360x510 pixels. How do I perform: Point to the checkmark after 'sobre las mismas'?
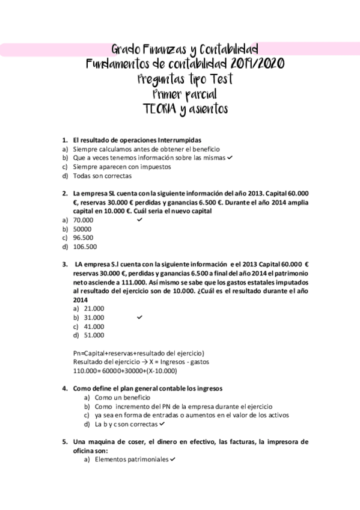tap(230, 157)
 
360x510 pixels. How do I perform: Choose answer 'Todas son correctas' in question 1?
tap(102, 176)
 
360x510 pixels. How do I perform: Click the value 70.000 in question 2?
tap(83, 220)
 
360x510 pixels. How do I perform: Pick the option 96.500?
tap(83, 238)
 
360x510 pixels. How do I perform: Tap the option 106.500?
tap(85, 247)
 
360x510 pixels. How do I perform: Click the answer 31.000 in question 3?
tap(94, 317)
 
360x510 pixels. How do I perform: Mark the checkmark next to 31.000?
tap(139, 317)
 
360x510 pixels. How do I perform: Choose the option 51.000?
tap(94, 335)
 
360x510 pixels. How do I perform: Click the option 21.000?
tap(94, 308)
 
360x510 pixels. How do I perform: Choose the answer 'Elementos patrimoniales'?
tap(132, 459)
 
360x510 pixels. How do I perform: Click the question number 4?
tap(65, 388)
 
